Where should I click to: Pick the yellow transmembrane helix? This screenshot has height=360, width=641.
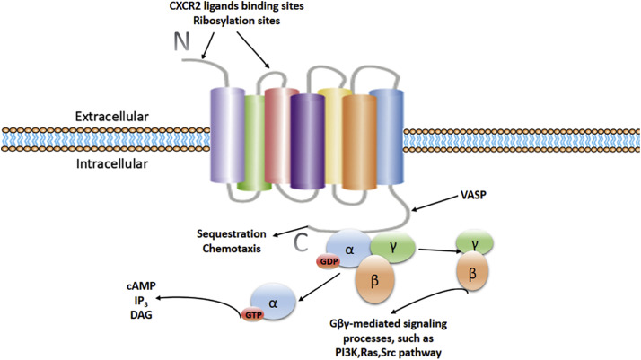coord(334,135)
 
